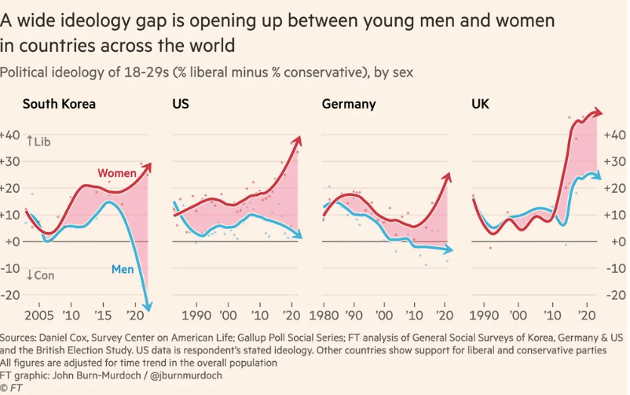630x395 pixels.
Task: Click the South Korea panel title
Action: point(60,104)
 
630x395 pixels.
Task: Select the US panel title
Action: point(180,104)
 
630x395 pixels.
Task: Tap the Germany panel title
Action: point(349,104)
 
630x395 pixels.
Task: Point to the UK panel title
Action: point(480,104)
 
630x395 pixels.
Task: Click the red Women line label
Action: point(115,172)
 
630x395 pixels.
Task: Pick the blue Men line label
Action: point(123,270)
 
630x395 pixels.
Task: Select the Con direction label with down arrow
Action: point(40,275)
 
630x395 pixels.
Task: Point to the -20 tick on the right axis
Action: point(615,295)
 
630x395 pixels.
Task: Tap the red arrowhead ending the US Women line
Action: point(298,140)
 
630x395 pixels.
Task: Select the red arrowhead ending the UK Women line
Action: point(600,113)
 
